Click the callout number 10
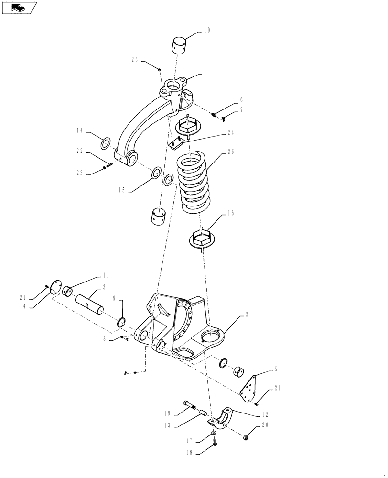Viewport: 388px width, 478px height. pos(206,31)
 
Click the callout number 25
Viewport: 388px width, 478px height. pos(135,60)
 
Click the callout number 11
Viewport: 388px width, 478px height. pos(106,275)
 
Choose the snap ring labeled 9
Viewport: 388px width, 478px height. pos(123,324)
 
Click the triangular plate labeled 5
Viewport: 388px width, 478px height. pos(249,387)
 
